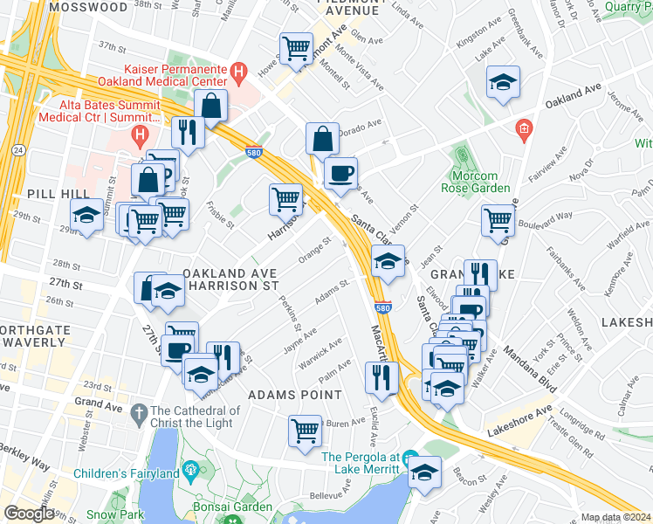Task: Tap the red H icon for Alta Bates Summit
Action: click(x=138, y=134)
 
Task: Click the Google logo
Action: click(x=29, y=514)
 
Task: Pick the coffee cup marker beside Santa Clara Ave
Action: click(x=340, y=172)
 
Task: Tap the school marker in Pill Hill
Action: click(x=86, y=214)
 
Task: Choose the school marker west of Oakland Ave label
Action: click(x=167, y=292)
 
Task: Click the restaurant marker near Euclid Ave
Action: click(x=381, y=375)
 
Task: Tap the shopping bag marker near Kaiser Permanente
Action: click(x=211, y=106)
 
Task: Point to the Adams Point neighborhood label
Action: click(x=295, y=395)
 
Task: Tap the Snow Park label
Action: click(x=114, y=514)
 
